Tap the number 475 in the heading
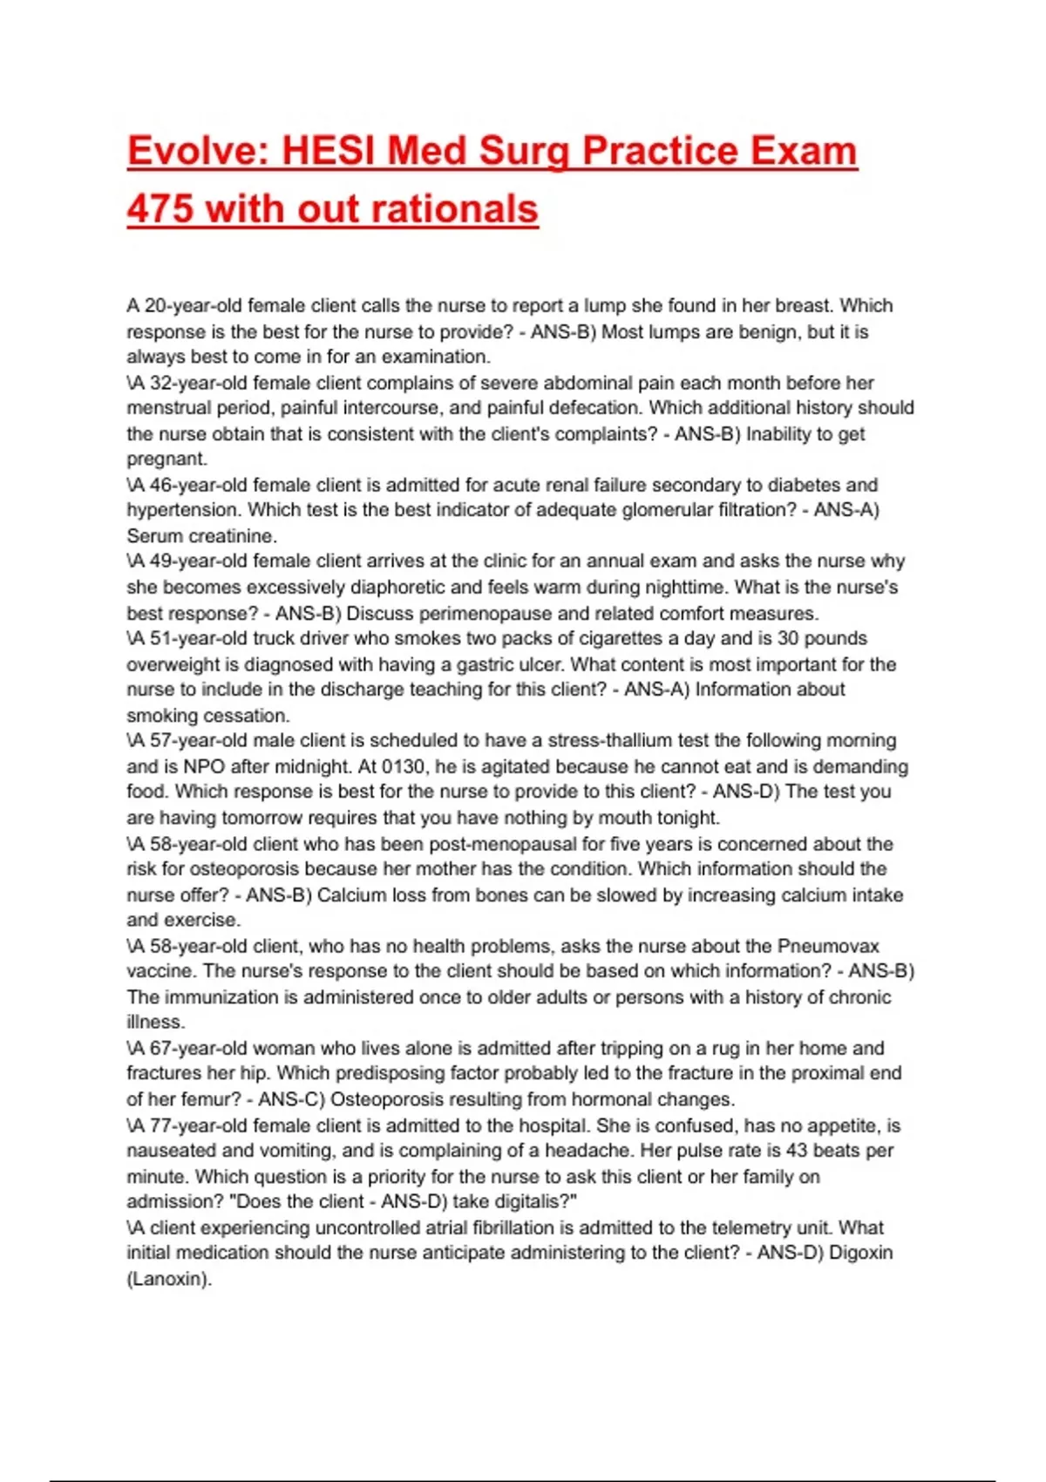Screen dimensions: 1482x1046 [x=160, y=209]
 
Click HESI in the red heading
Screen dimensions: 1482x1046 [x=328, y=152]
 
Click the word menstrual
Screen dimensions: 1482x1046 [x=168, y=408]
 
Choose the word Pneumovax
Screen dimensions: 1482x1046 [x=827, y=947]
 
